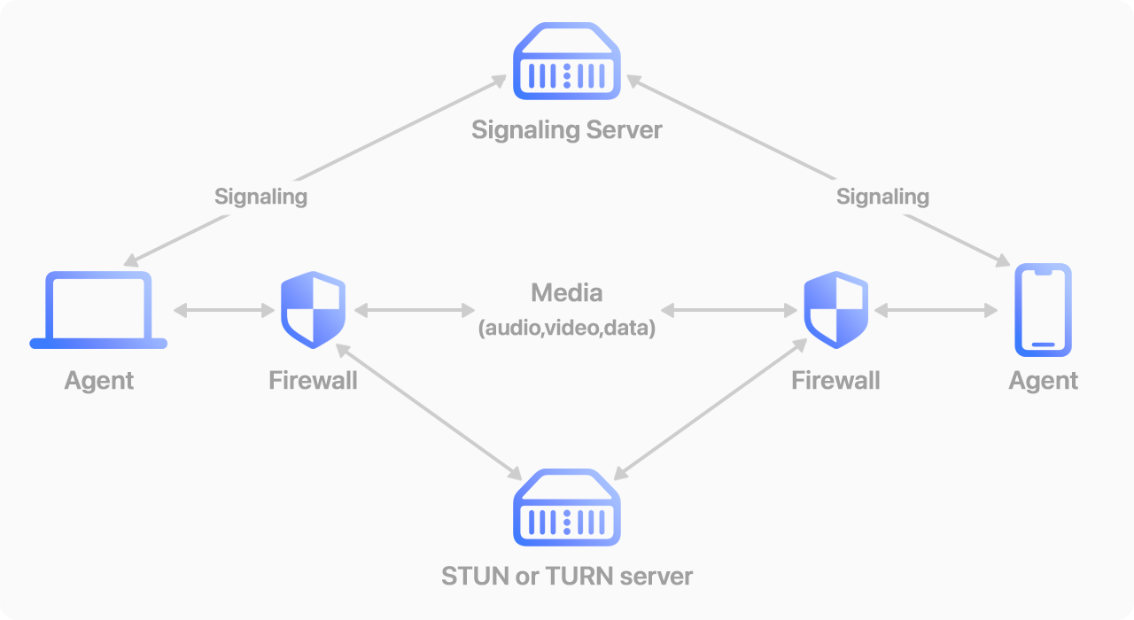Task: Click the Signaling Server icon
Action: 567,61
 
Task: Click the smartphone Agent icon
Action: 1043,309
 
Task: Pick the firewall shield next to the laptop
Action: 313,310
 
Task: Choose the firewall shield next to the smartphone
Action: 835,310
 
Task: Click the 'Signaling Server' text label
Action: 567,130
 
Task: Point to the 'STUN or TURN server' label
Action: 567,577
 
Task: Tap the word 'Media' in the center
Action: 567,292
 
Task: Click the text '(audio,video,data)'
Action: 567,329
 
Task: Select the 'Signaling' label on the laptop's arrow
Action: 260,196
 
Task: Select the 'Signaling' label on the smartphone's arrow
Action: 882,196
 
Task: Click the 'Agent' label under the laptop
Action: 98,381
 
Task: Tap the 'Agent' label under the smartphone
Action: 1043,381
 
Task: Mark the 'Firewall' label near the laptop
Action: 313,381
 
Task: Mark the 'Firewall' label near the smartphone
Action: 835,381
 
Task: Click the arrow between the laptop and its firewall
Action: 224,310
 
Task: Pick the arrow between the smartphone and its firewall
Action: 936,310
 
